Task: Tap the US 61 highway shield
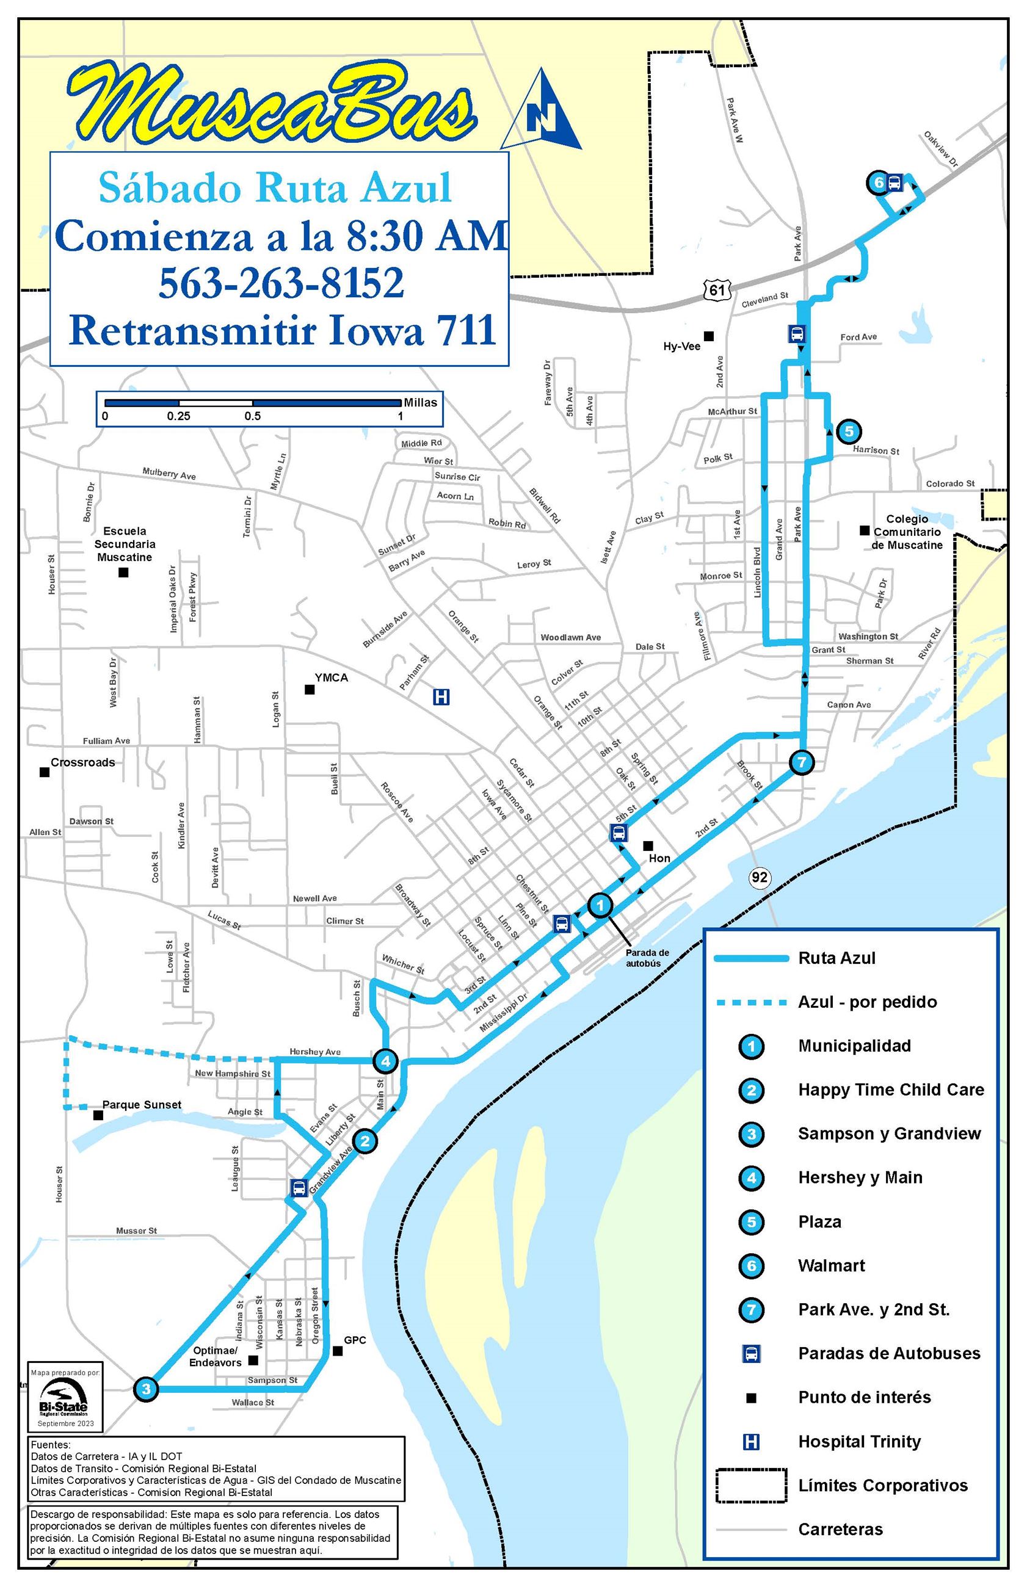pos(716,289)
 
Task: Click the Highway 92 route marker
pos(759,877)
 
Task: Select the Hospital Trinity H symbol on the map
pos(441,697)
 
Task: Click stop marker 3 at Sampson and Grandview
pos(146,1389)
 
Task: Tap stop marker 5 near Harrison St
pos(848,432)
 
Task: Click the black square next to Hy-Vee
pos(709,336)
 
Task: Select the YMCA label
pos(331,678)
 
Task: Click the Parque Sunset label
pos(142,1104)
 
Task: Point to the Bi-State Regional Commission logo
pos(64,1398)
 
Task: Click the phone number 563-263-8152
pos(281,283)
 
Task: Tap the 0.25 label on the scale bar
pos(178,416)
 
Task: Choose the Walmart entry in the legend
pos(831,1265)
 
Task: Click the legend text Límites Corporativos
pos(882,1485)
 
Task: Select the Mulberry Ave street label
pos(169,474)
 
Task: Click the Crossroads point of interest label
pos(82,762)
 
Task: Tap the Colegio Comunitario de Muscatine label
pos(906,532)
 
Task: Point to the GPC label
pos(355,1340)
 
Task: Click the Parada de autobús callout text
pos(647,958)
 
